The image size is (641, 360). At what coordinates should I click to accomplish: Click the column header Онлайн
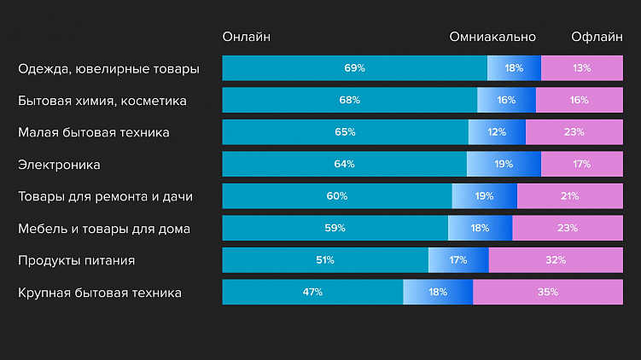click(x=246, y=37)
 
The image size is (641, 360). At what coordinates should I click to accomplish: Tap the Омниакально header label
click(x=492, y=37)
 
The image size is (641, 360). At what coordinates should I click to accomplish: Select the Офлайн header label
click(x=597, y=37)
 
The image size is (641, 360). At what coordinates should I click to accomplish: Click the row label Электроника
click(x=59, y=164)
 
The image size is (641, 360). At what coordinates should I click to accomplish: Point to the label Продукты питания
click(x=77, y=260)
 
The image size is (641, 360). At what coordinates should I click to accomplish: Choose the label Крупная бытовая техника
click(x=100, y=293)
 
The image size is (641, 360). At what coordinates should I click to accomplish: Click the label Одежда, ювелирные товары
click(x=108, y=68)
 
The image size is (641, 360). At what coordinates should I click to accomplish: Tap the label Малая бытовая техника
click(x=94, y=132)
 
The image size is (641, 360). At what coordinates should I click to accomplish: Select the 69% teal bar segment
click(x=354, y=68)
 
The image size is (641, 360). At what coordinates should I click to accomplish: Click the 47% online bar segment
click(x=312, y=292)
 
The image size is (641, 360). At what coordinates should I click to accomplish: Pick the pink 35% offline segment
click(x=548, y=292)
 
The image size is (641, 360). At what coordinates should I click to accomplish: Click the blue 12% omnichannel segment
click(x=497, y=132)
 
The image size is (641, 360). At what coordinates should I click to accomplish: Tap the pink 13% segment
click(x=582, y=68)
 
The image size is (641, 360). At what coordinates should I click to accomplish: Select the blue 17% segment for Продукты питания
click(x=458, y=260)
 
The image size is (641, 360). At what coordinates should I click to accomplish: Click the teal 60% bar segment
click(x=336, y=196)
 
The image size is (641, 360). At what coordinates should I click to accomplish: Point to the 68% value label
click(x=349, y=100)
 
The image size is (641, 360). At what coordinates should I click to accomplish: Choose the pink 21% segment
click(x=569, y=196)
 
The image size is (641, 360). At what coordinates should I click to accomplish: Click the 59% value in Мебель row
click(x=335, y=228)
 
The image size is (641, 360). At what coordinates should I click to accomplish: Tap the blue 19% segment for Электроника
click(x=504, y=164)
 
